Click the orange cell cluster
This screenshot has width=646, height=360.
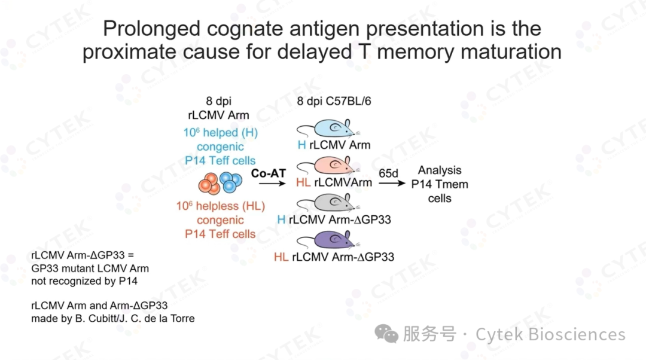tap(209, 184)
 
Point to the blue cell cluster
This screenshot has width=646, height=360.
tap(230, 182)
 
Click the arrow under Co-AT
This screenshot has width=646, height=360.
tap(272, 184)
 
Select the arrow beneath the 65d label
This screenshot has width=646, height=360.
tap(392, 183)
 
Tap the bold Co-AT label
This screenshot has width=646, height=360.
tap(268, 173)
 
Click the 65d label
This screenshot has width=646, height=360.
tap(388, 173)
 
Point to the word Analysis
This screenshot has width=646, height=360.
tap(440, 170)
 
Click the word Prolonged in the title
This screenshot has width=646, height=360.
tap(151, 29)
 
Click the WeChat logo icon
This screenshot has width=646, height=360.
tap(386, 333)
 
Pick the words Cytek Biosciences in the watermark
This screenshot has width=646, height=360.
tap(550, 334)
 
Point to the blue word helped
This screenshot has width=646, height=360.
tap(220, 133)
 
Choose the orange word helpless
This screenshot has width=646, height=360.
tap(217, 206)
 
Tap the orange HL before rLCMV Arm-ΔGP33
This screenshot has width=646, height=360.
tap(281, 257)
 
